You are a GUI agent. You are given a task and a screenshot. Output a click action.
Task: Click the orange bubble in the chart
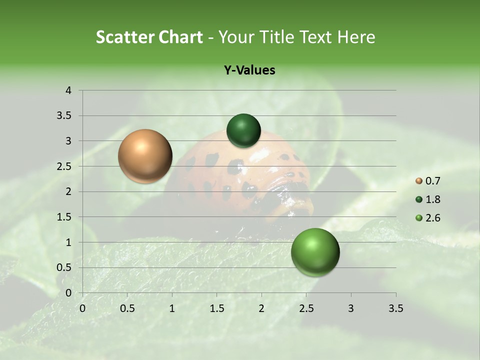tap(145, 156)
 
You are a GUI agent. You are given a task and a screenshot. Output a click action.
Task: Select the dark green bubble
tap(243, 130)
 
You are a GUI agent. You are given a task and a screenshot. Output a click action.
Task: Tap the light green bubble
tap(315, 252)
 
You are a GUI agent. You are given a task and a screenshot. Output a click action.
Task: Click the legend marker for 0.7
tap(419, 181)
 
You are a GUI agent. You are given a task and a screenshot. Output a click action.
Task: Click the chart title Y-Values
tap(249, 70)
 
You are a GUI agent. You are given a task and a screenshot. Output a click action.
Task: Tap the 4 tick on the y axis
tap(68, 90)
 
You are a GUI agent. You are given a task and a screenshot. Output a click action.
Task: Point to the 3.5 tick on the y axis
tap(64, 116)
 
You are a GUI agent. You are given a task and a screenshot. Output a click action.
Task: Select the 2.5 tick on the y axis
tap(64, 166)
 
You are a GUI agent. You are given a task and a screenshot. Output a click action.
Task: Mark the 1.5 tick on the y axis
tap(64, 217)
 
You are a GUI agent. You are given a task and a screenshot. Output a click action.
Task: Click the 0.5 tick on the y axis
tap(64, 267)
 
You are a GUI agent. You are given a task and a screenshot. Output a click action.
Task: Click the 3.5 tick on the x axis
tap(395, 308)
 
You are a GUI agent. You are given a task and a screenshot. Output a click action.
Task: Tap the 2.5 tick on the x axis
tap(306, 308)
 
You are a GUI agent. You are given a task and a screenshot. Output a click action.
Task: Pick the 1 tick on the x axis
tap(172, 308)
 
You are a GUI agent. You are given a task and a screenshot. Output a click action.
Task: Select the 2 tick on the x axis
tap(261, 308)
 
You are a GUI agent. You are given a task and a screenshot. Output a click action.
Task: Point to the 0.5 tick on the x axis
tap(127, 308)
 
